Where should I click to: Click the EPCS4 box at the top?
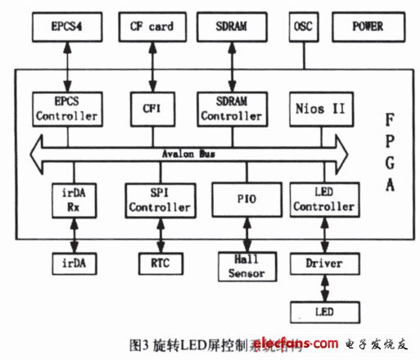click(x=66, y=27)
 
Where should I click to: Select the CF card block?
click(x=152, y=27)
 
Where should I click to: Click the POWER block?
click(x=368, y=27)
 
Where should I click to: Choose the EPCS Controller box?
click(x=66, y=110)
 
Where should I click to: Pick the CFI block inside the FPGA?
click(x=152, y=109)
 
